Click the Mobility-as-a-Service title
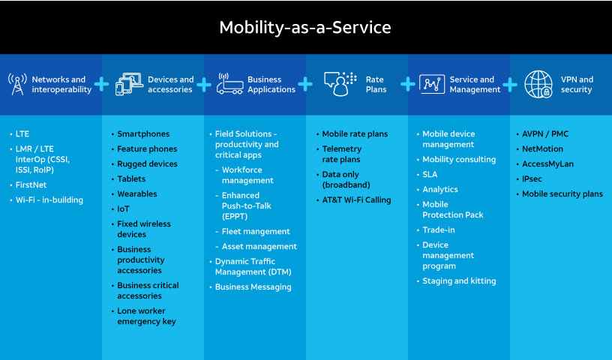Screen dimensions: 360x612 tap(305, 28)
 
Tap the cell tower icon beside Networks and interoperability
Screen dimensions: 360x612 tap(17, 84)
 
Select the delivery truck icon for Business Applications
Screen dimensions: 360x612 tap(230, 84)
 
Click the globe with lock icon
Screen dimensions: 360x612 tap(538, 84)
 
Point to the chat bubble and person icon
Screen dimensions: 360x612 tap(340, 84)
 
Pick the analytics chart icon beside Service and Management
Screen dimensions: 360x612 tap(432, 84)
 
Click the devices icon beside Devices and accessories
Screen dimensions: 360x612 tap(128, 84)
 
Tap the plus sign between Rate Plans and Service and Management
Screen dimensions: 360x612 tap(407, 84)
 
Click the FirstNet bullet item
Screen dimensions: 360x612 tap(31, 184)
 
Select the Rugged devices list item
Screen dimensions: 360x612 tap(147, 163)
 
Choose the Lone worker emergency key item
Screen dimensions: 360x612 tap(146, 316)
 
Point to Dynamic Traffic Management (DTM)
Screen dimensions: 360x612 tap(253, 266)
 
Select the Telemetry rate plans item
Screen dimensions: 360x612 tap(341, 154)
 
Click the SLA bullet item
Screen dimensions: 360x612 tap(430, 174)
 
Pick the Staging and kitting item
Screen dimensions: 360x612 tap(459, 280)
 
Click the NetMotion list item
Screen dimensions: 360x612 tap(542, 148)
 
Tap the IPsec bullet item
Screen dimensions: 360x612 tap(532, 178)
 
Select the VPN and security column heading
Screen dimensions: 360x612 tap(577, 84)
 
